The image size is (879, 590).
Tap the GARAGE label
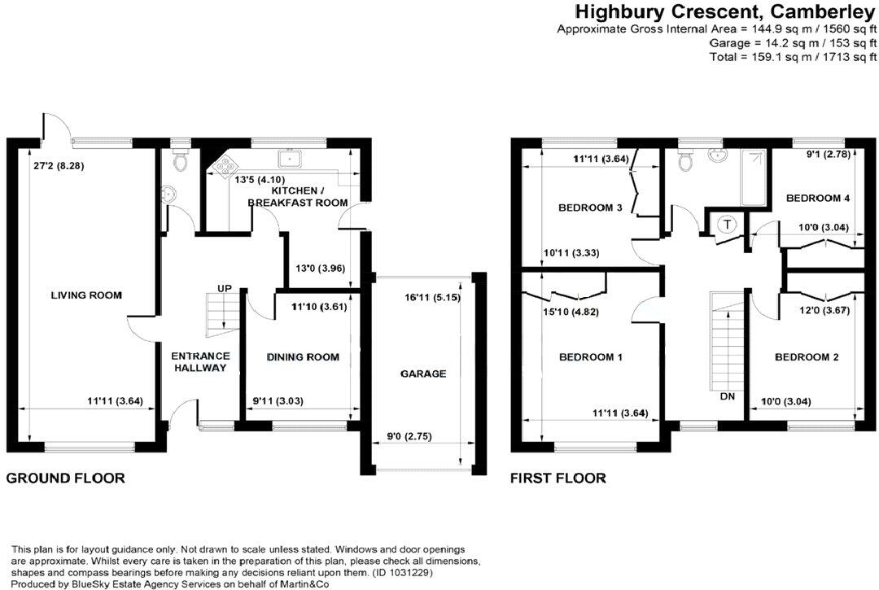[x=423, y=374]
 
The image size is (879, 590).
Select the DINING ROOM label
[x=303, y=357]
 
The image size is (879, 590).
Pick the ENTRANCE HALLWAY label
[x=201, y=362]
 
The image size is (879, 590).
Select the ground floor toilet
[x=180, y=160]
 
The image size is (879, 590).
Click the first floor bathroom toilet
[x=685, y=161]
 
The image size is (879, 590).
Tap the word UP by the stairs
[x=225, y=288]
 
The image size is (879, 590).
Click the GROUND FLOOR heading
[x=66, y=479]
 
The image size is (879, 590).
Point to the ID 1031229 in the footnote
[x=400, y=573]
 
